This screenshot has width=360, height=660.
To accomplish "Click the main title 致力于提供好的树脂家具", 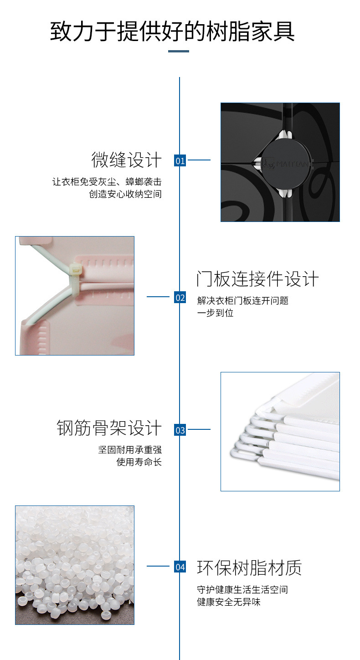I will pos(173,31).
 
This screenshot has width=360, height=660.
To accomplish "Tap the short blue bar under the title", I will pos(179,51).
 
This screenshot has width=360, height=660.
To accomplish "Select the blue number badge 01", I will pos(180,160).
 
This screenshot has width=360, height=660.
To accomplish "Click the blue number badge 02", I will pos(180,298).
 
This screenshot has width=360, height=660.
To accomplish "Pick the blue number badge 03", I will pos(180,430).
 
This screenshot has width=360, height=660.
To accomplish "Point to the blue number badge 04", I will pos(180,567).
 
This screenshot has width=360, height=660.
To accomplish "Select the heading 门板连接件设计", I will pos(257,279).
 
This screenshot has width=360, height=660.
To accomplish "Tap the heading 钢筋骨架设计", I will pos(109,428).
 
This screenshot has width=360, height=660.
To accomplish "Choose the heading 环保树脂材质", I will pos(249,568).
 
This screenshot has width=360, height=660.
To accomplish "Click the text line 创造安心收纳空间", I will pos(125,194).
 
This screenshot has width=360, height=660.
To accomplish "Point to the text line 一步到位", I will pos(215,313).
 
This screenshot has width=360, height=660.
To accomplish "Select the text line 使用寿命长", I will pos(139,462).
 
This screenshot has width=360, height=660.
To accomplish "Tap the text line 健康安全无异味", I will pos(229,602).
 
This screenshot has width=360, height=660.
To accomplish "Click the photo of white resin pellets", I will pos(75,565).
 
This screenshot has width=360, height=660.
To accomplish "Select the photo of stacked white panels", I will pos(280,432).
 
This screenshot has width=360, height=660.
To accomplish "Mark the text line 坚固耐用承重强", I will pos(130,450).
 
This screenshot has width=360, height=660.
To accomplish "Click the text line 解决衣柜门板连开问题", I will pos(243,301).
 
